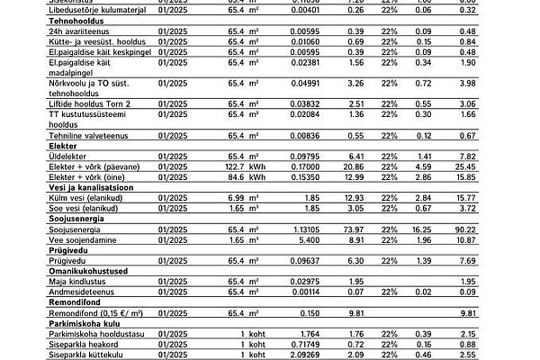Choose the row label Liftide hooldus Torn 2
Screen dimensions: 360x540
pos(94,104)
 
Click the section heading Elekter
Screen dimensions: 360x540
pos(63,144)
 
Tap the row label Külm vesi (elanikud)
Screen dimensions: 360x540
pos(90,197)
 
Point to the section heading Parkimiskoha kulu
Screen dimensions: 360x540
pos(87,323)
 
